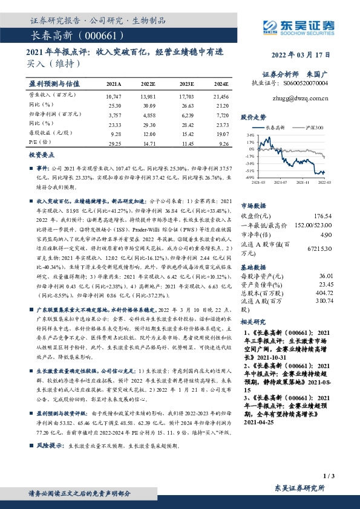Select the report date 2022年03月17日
click(x=301, y=53)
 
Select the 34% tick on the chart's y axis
click(x=251, y=135)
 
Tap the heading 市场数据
click(x=254, y=206)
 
